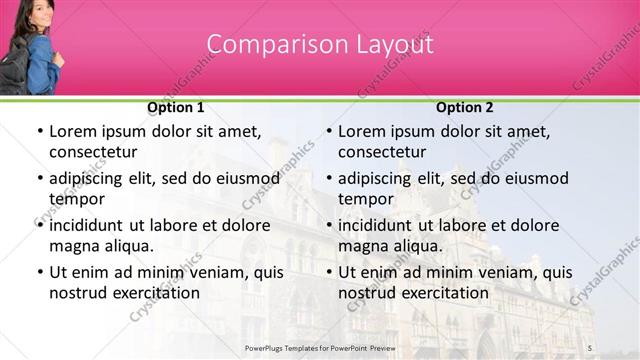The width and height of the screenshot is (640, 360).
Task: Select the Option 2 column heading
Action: pos(465,107)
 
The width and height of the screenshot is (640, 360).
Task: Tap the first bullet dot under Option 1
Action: pos(38,131)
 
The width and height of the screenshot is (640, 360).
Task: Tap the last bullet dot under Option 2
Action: pos(328,272)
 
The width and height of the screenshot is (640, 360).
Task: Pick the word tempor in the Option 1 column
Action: pos(75,199)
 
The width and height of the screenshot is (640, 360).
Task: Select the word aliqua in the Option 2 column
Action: pos(418,246)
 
